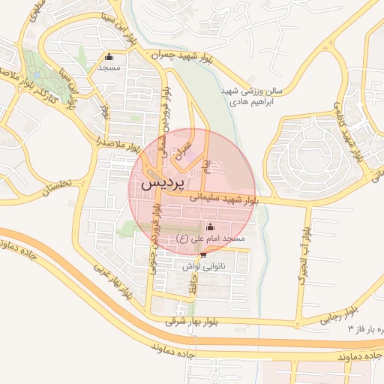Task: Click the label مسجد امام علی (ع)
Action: [211, 238]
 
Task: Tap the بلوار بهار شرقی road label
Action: [190, 321]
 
